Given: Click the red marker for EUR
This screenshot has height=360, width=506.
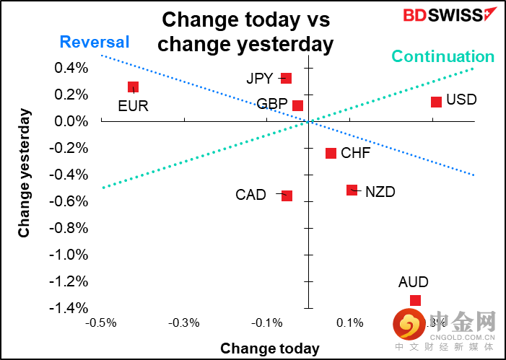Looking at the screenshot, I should tap(133, 87).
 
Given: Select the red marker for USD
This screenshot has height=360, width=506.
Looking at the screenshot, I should tap(436, 102).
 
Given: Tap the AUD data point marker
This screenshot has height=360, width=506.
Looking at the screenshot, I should tap(415, 301).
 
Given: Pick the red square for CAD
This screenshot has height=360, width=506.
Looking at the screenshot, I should tap(287, 196).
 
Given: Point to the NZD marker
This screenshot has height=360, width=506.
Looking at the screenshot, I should tap(352, 190).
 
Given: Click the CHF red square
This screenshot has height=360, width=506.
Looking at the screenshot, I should tap(331, 153).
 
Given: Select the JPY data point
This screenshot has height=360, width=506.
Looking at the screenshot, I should tap(286, 79).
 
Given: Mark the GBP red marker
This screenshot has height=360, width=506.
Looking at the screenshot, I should tap(297, 105).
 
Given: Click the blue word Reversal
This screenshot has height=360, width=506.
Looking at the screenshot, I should tap(95, 42).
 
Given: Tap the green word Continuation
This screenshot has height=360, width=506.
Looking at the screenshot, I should tap(443, 56).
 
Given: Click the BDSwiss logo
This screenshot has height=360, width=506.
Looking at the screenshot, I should tap(440, 15).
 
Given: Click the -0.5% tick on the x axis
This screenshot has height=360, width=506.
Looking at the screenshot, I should tap(101, 322).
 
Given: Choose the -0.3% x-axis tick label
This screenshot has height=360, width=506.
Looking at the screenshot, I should tap(184, 322).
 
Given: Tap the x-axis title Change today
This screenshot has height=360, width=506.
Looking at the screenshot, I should tap(269, 348).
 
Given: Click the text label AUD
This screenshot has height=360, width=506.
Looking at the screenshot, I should tap(413, 282).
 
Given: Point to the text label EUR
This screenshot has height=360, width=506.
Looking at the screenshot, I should tap(133, 106).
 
